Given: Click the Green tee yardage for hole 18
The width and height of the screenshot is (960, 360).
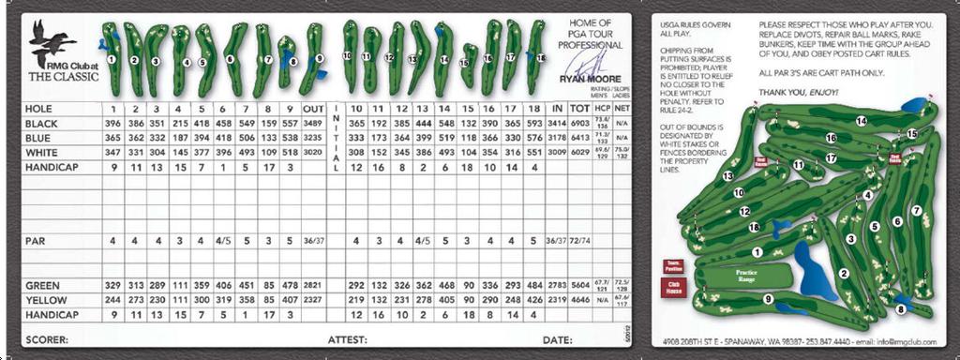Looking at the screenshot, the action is point(534,285).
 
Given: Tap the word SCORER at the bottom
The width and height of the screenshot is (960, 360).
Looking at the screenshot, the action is point(46,339).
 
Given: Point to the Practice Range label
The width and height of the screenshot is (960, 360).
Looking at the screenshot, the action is point(746,275).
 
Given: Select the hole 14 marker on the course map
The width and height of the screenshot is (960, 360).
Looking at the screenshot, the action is point(861,120).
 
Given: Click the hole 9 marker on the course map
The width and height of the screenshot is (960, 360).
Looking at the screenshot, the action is point(768,299).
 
